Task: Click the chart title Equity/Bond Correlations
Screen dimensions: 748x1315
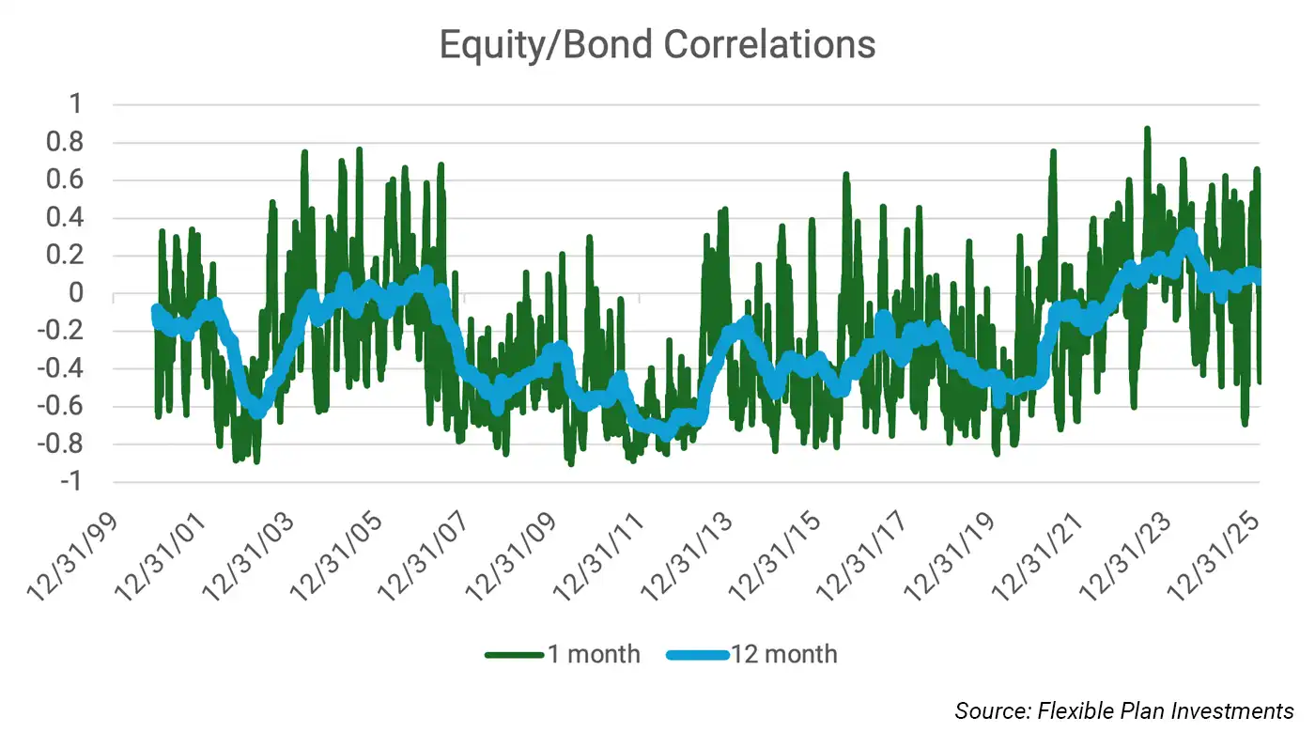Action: tap(657, 44)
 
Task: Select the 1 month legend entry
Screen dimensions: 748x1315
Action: tap(564, 654)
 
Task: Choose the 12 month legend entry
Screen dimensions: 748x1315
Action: tap(752, 654)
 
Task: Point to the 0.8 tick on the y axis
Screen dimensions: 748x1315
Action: tap(72, 143)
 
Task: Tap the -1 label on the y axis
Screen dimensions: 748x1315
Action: tap(77, 482)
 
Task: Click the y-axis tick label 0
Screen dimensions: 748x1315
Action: tap(84, 293)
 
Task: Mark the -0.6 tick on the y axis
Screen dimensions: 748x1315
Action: tap(67, 407)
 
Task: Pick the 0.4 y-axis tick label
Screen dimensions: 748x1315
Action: tap(72, 218)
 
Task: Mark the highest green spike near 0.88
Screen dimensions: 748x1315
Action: tap(1147, 130)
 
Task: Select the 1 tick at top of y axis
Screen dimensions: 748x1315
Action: tap(84, 105)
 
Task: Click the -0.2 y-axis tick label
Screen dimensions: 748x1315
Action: tap(67, 331)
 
